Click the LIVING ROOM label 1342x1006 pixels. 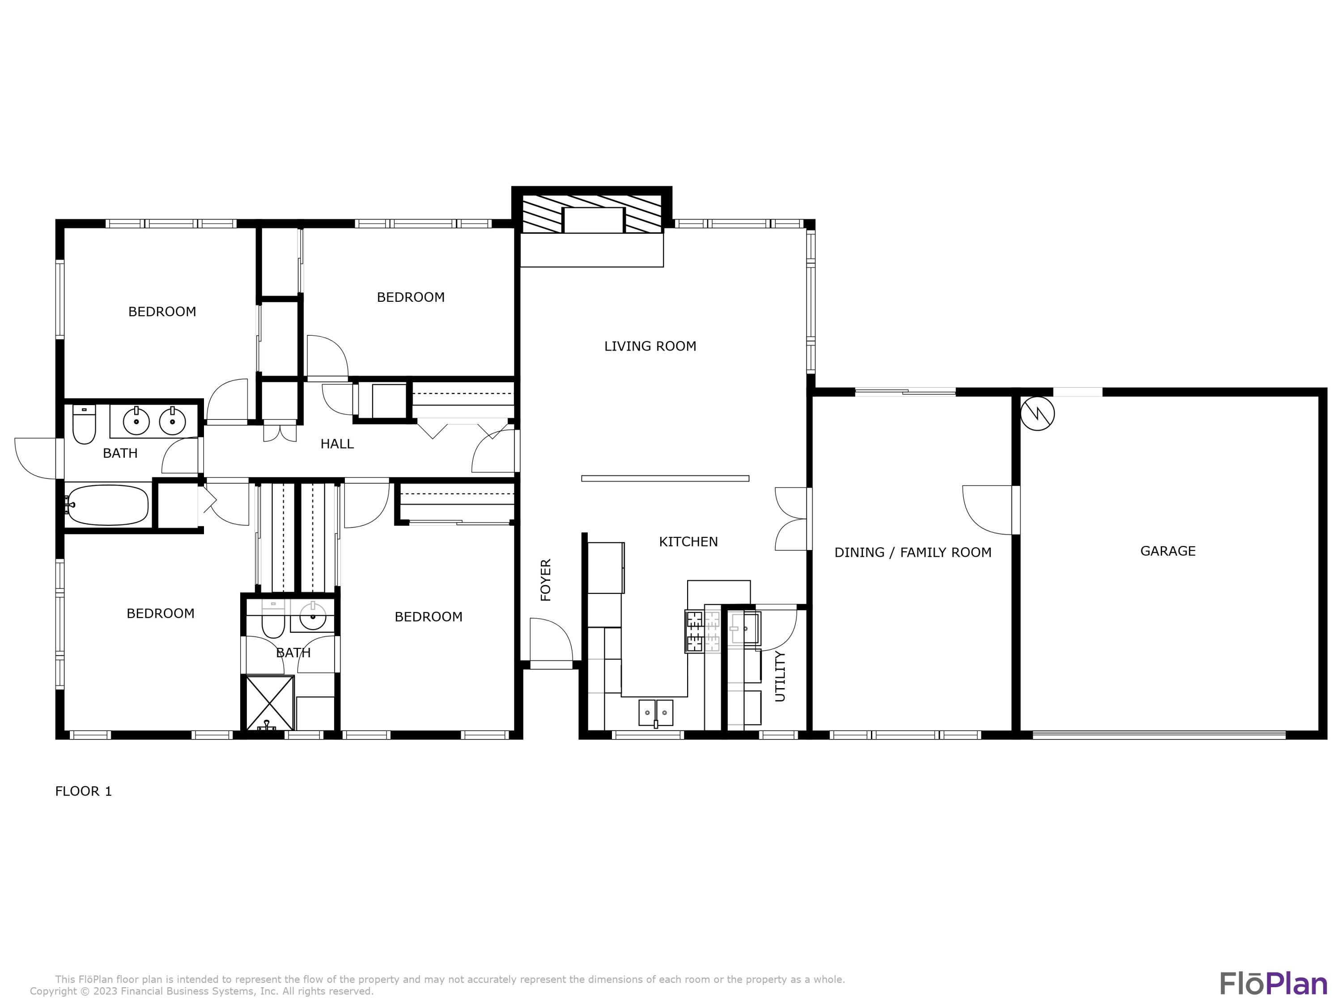[x=650, y=346]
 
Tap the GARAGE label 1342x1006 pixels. [x=1167, y=551]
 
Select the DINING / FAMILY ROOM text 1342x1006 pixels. [x=913, y=553]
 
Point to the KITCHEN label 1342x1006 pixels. [x=688, y=541]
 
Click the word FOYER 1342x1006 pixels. [x=545, y=580]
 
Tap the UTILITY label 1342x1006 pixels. [x=780, y=676]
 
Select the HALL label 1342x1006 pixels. [x=337, y=444]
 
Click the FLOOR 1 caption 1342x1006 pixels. [x=84, y=791]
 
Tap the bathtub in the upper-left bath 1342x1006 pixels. [x=108, y=504]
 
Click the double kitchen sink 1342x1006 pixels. [x=656, y=713]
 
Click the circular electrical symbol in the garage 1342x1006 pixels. [x=1037, y=414]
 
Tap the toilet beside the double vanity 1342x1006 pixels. [x=84, y=424]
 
